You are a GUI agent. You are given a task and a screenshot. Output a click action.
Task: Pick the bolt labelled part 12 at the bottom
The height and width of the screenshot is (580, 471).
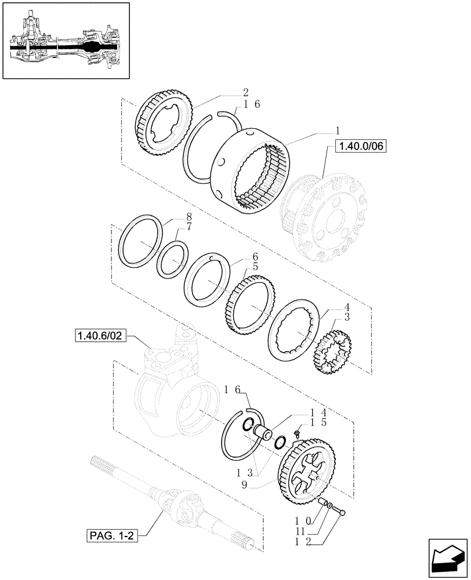[342, 511]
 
